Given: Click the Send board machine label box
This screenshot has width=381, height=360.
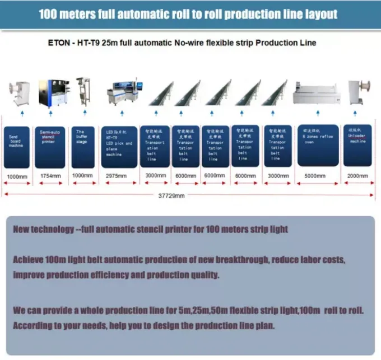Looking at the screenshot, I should tap(16, 147).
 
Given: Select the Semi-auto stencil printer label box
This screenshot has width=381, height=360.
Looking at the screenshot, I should tap(50, 147).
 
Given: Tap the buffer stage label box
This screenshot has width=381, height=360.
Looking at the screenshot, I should tap(83, 147).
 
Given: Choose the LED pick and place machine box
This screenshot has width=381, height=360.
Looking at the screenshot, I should tap(119, 147).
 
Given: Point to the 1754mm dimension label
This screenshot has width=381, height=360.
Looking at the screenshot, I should tap(50, 176).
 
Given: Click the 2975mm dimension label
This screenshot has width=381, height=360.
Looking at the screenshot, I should tap(119, 176).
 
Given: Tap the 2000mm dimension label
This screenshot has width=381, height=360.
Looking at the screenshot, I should tap(357, 175).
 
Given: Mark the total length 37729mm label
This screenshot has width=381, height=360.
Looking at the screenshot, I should tap(172, 195).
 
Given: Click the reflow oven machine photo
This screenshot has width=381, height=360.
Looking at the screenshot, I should tap(317, 93).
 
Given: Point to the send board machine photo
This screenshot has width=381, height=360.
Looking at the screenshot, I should tap(19, 93).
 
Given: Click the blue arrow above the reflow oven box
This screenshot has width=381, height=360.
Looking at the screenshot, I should tap(318, 114).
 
